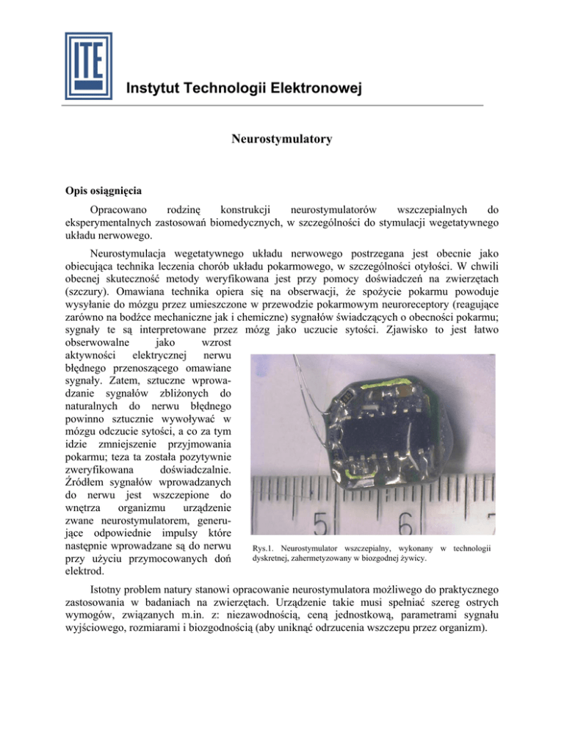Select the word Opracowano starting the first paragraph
(112, 210)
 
